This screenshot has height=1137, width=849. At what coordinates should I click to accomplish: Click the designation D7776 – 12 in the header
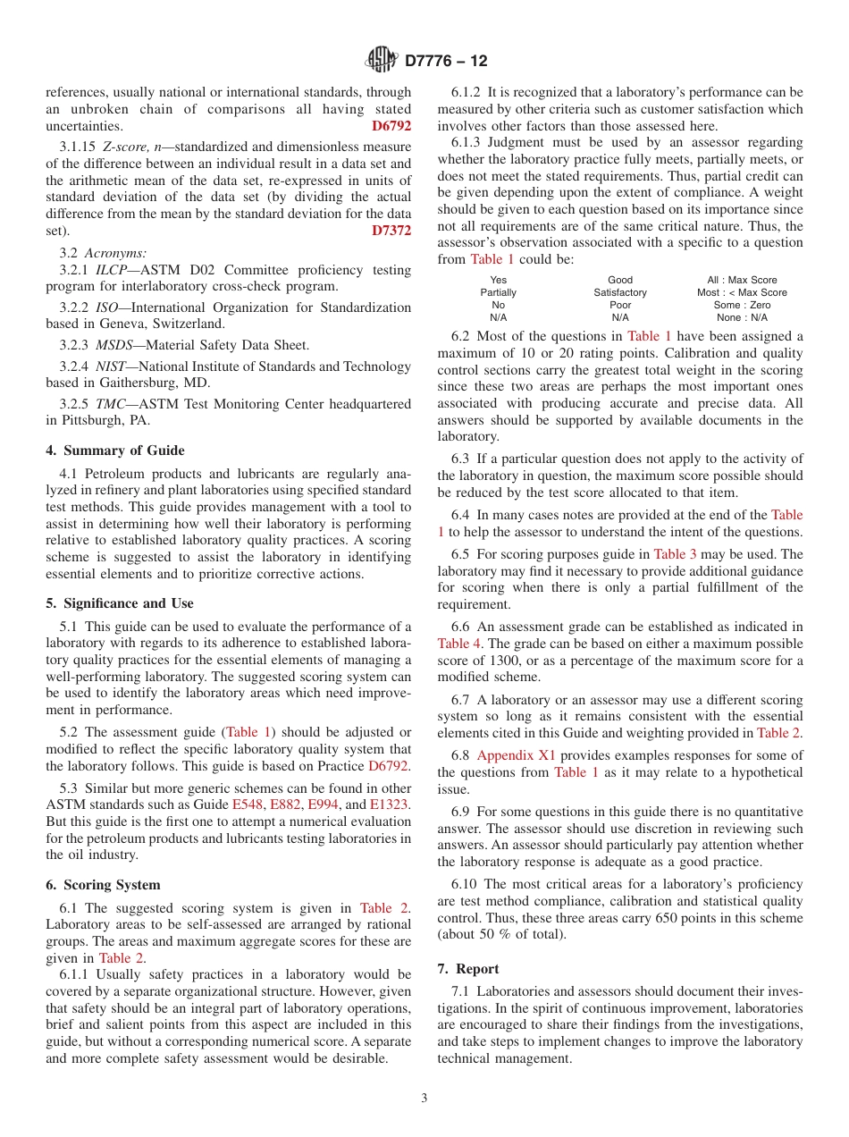446,62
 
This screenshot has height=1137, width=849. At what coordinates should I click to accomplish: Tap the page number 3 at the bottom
424,1098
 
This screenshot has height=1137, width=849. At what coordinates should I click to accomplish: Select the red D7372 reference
391,231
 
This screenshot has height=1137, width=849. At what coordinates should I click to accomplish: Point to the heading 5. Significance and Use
120,603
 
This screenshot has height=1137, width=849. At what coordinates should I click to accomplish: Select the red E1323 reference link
391,804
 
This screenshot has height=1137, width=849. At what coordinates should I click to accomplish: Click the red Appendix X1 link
516,756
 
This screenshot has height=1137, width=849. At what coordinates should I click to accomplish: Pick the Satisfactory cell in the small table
620,292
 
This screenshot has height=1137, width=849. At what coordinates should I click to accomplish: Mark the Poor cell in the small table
620,305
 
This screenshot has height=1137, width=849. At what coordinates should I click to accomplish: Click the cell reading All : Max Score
742,280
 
